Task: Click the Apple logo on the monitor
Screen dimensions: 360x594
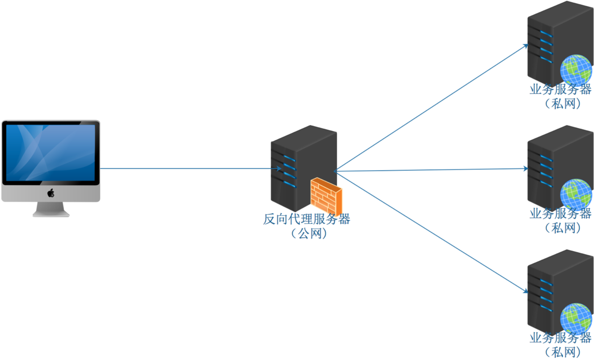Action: tap(51, 193)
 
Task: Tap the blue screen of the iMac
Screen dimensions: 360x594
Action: tap(51, 152)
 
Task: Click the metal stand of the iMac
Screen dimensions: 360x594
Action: tap(51, 209)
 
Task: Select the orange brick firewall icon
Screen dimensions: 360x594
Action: tap(326, 195)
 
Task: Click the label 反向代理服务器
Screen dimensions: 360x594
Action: tap(306, 219)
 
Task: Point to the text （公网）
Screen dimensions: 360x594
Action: tap(306, 233)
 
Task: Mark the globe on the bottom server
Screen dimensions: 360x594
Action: tap(577, 318)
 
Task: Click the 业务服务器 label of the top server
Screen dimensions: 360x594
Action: tap(560, 89)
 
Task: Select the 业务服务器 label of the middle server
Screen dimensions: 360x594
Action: tap(560, 213)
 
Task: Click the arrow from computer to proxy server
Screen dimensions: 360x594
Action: tap(188, 169)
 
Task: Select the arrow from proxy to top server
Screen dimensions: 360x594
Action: tap(431, 107)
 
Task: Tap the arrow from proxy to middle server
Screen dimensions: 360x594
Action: tap(431, 170)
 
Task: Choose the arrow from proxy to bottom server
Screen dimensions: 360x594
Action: tap(431, 231)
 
